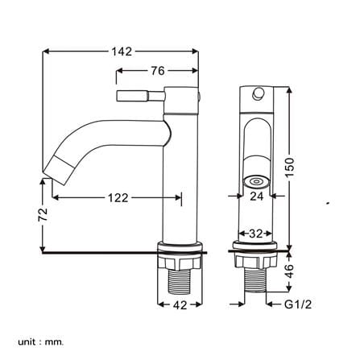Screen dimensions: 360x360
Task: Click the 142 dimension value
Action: [122, 52]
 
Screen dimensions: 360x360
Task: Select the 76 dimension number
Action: [158, 71]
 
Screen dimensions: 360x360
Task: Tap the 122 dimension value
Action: [118, 198]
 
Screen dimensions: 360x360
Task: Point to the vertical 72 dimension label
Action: [43, 214]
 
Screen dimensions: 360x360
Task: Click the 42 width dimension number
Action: [180, 305]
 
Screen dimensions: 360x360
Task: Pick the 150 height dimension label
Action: [290, 168]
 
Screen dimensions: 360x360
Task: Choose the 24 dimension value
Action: [257, 197]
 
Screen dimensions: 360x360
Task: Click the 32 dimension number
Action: [255, 234]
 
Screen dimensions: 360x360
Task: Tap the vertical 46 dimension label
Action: [290, 271]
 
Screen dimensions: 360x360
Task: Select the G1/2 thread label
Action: [298, 304]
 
